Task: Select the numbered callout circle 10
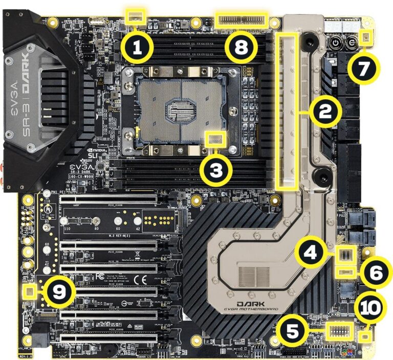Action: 369,309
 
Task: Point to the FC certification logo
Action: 101,278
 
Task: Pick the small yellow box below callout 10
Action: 365,336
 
